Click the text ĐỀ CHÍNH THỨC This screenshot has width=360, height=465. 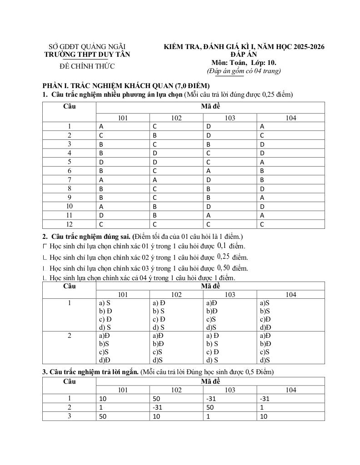tap(87, 66)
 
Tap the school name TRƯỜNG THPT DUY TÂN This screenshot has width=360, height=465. tap(87, 54)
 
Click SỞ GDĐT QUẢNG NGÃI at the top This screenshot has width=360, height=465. tap(87, 47)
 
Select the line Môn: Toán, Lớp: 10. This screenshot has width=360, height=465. tap(244, 63)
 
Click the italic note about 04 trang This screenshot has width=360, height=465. tap(244, 71)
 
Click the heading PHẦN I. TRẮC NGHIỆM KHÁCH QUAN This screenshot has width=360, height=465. tap(125, 85)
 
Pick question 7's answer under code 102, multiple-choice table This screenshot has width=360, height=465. tap(155, 179)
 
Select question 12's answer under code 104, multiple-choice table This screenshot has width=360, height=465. tap(262, 224)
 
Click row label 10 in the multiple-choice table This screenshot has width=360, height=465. tap(69, 206)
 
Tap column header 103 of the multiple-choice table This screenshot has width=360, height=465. tap(230, 118)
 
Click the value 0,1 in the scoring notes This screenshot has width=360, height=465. tap(222, 246)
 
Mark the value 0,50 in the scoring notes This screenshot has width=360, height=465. tap(225, 267)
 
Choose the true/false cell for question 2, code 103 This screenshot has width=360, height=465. tap(212, 347)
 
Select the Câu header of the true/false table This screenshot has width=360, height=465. tap(69, 286)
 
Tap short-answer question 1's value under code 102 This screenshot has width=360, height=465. tap(157, 399)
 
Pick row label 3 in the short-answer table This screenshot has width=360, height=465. tap(69, 416)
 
